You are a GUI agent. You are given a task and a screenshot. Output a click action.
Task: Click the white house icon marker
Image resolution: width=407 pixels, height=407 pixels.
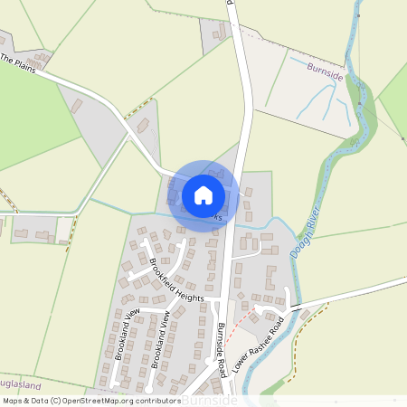pos(203,194)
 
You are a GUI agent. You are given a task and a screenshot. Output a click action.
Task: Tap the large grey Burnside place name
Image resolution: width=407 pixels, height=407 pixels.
pos(209,399)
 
